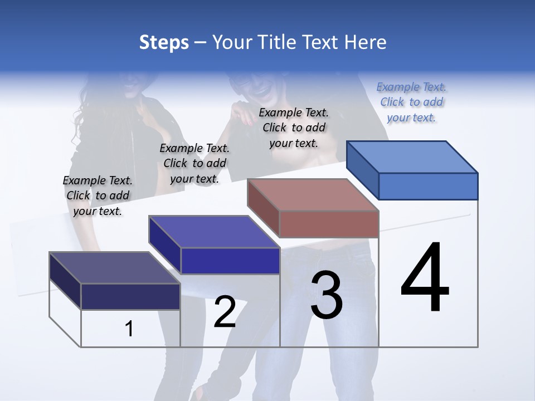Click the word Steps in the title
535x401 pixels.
point(164,42)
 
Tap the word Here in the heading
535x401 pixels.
point(364,42)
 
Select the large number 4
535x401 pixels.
point(425,278)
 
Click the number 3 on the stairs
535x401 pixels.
point(326,295)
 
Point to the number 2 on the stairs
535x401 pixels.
point(225,312)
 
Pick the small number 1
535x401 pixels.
point(129,329)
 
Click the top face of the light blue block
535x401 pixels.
point(412,157)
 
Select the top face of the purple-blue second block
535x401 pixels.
point(214,232)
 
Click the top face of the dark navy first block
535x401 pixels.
point(115,268)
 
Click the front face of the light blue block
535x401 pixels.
point(428,186)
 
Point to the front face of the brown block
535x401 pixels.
point(329,224)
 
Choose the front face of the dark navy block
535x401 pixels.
point(130,296)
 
